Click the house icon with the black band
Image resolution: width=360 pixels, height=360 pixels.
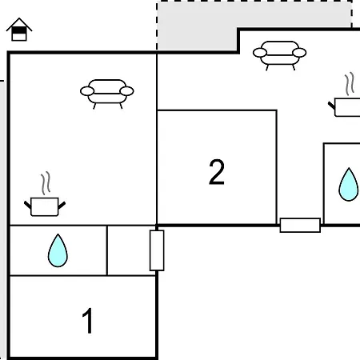19,30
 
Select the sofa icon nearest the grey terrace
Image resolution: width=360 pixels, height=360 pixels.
280,55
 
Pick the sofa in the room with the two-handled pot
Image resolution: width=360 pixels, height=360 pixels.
107,94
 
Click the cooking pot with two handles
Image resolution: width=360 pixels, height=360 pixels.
45,206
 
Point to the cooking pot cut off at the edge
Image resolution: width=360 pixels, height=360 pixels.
346,107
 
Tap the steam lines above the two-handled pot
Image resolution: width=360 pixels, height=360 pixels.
46,183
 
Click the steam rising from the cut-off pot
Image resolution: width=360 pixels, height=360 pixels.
350,84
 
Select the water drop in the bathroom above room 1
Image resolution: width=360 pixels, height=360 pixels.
58,250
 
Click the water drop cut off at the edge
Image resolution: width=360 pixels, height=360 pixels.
349,185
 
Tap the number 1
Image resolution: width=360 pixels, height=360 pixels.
87,321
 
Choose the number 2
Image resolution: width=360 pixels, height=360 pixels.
217,172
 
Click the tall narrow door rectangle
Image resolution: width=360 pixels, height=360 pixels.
157,250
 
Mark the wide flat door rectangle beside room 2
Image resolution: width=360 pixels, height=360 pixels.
300,226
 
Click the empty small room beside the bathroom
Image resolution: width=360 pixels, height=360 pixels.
131,250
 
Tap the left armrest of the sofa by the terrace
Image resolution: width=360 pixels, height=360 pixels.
260,53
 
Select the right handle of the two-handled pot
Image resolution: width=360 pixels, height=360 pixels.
62,206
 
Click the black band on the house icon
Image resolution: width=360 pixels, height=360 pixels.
19,31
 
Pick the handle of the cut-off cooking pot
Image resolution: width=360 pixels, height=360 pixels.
331,106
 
